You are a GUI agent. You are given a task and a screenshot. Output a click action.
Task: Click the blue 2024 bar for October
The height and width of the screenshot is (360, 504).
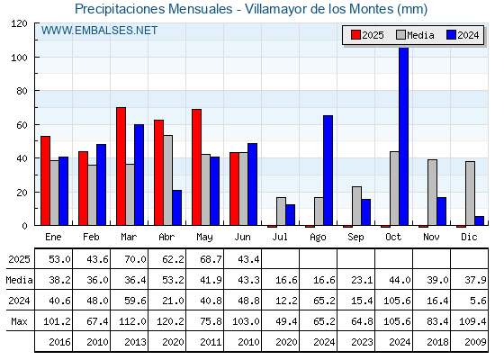pos(404,136)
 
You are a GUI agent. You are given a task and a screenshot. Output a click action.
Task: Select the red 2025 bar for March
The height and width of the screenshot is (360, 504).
pos(121,166)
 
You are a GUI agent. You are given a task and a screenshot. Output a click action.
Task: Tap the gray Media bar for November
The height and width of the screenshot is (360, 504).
pos(432,193)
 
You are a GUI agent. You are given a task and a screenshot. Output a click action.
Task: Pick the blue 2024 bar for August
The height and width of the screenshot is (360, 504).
pos(328,170)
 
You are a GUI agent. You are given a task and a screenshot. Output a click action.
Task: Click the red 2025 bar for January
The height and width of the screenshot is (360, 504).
pos(46,181)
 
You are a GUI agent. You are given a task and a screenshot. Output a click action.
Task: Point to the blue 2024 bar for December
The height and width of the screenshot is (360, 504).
pos(479,220)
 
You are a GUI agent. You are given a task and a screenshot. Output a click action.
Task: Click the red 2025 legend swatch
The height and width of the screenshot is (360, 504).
pos(355,35)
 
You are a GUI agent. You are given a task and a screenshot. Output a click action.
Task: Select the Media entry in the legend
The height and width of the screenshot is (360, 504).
pos(415,35)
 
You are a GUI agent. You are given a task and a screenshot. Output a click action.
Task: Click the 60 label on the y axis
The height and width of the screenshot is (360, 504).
pos(22,125)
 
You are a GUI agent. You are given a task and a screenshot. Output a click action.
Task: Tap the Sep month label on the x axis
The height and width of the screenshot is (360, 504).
pos(355,238)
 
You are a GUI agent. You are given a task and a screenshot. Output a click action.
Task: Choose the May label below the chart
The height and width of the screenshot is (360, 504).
pos(204,238)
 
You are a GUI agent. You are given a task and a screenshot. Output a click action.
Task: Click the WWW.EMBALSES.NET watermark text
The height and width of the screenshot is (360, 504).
pos(99,31)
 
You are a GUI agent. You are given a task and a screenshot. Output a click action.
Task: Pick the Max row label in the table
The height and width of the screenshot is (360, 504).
pos(19,321)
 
